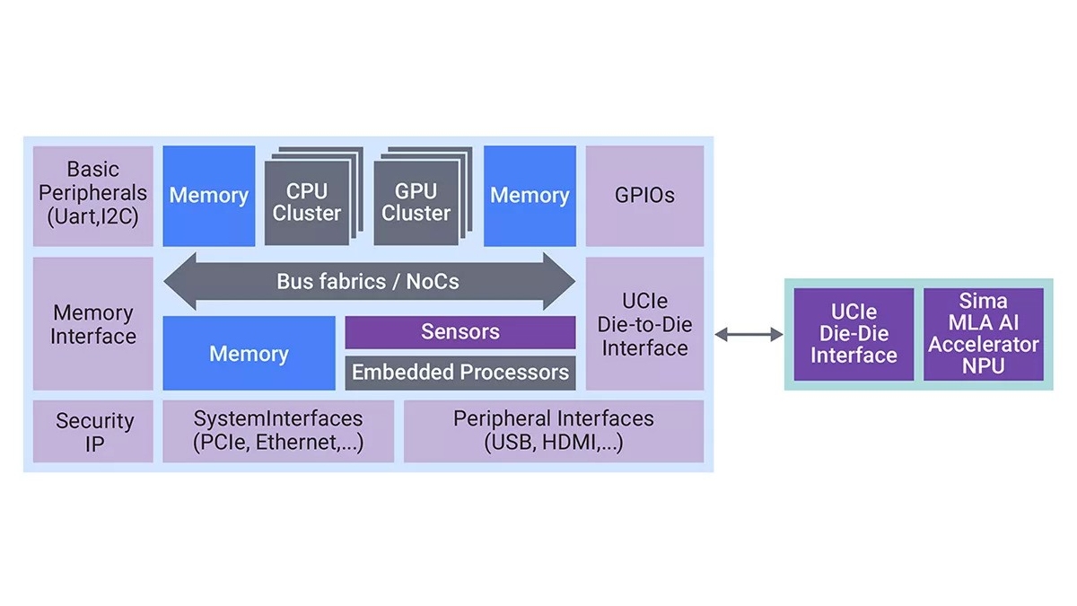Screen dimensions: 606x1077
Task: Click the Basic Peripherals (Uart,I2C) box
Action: tap(93, 196)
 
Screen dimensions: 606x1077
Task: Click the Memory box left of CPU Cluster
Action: tap(208, 196)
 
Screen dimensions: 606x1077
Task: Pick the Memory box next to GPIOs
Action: tap(530, 196)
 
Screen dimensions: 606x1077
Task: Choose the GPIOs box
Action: tap(644, 196)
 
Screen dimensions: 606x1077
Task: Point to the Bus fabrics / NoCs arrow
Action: tap(368, 282)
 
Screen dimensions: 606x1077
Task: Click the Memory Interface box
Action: tap(93, 324)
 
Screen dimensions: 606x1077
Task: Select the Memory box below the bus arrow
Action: tap(249, 354)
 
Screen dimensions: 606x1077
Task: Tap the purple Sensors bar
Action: tap(460, 332)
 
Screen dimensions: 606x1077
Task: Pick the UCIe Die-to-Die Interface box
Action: tap(644, 324)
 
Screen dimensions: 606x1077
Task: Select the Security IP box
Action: tap(93, 432)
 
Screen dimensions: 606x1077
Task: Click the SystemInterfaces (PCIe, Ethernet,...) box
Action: tap(278, 432)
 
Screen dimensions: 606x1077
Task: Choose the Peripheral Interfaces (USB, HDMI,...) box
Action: tap(553, 432)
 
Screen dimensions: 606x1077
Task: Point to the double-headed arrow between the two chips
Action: tap(749, 335)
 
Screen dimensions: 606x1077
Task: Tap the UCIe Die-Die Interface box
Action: tap(854, 333)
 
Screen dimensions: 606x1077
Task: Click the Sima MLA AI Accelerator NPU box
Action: tap(983, 333)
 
